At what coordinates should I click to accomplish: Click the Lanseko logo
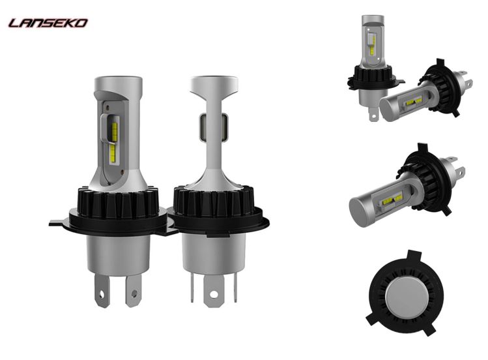click(48, 23)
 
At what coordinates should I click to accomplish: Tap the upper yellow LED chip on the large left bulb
click(114, 131)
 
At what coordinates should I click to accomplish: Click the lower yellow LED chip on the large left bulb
click(112, 153)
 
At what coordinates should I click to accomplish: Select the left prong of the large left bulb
click(102, 290)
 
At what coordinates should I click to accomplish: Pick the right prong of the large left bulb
click(134, 290)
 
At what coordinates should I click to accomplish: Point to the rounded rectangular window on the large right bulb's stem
click(214, 127)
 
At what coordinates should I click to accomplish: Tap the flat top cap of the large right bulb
click(214, 82)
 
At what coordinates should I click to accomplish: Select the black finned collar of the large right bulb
click(212, 202)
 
